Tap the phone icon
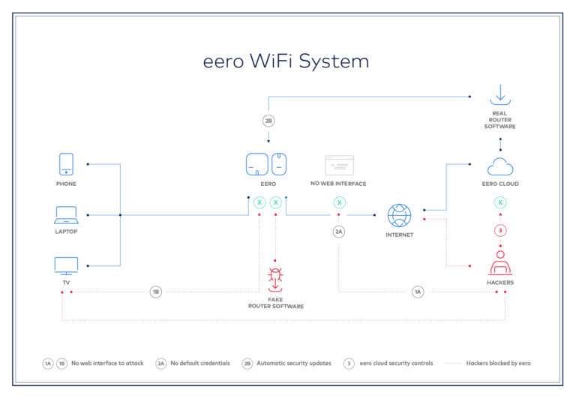coord(66,164)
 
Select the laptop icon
coord(66,215)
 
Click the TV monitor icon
coord(66,265)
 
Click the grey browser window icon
coord(338,166)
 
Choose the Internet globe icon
coord(399,215)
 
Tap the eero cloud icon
coord(499,166)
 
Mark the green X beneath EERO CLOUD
coord(499,202)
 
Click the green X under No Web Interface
coord(339,202)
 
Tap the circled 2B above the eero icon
coord(268,120)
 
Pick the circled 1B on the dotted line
coord(155,292)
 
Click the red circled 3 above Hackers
coord(499,230)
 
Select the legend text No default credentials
coord(199,363)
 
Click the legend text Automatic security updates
coord(293,363)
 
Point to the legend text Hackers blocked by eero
coord(498,363)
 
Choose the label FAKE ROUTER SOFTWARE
coord(275,303)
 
